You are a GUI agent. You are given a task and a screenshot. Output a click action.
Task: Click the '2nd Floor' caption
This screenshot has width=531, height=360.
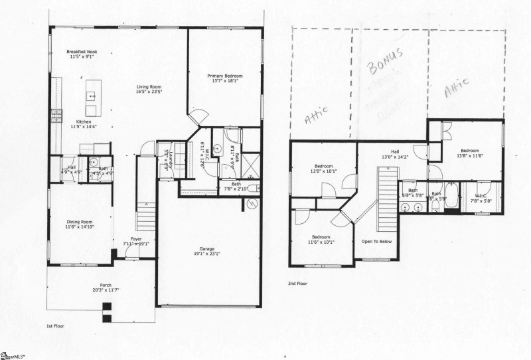297,282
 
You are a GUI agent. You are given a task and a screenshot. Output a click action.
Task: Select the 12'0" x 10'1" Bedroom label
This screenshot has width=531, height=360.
324,169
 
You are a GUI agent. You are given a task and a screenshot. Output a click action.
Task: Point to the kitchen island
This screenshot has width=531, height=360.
91,96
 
